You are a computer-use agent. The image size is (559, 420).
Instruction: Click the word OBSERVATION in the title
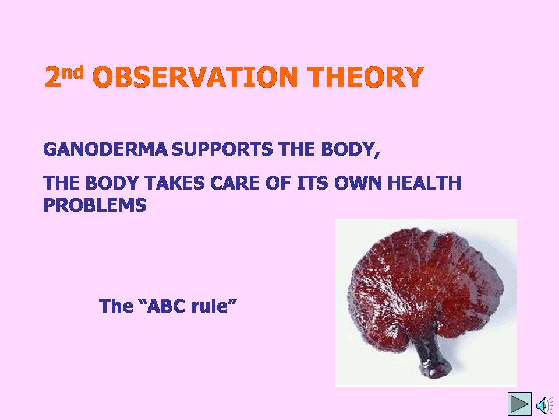pos(194,77)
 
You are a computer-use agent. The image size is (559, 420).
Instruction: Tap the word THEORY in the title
pos(366,77)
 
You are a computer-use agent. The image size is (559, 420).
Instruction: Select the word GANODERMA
pos(105,149)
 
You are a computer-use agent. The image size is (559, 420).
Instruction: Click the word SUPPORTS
pos(222,149)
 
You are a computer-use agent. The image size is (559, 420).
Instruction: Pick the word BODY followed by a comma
pos(351,150)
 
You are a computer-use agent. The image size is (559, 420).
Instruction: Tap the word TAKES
pos(175,183)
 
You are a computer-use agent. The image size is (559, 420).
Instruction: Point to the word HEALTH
pos(424,183)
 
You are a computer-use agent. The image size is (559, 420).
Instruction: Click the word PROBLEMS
pos(95,205)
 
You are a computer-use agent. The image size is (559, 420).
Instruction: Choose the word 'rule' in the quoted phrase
pos(210,306)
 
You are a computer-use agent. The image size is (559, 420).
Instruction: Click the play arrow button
pos(520,404)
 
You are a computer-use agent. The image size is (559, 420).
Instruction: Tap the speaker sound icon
pos(544,405)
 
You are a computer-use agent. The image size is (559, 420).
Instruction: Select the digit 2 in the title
pos(52,77)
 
